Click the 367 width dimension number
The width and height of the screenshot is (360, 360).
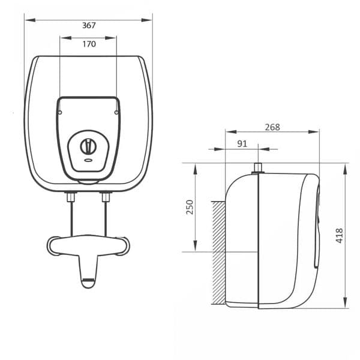89,25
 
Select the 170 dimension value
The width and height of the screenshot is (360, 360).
89,44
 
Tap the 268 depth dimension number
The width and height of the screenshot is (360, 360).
272,127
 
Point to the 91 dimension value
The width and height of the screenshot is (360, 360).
242,143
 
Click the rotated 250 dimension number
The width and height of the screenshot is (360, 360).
190,207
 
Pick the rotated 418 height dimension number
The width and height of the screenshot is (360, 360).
339,235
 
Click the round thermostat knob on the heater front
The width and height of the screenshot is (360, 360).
88,145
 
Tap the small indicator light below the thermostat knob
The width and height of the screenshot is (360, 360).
88,160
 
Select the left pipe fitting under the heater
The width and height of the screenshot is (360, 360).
71,196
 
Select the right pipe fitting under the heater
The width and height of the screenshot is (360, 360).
106,196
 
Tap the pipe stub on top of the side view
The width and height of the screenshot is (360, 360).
258,168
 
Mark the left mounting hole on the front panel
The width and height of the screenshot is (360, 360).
61,111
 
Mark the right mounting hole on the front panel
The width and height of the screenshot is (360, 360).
116,111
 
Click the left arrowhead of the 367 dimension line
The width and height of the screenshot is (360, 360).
28,20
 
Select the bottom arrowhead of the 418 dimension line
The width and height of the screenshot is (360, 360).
346,305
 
